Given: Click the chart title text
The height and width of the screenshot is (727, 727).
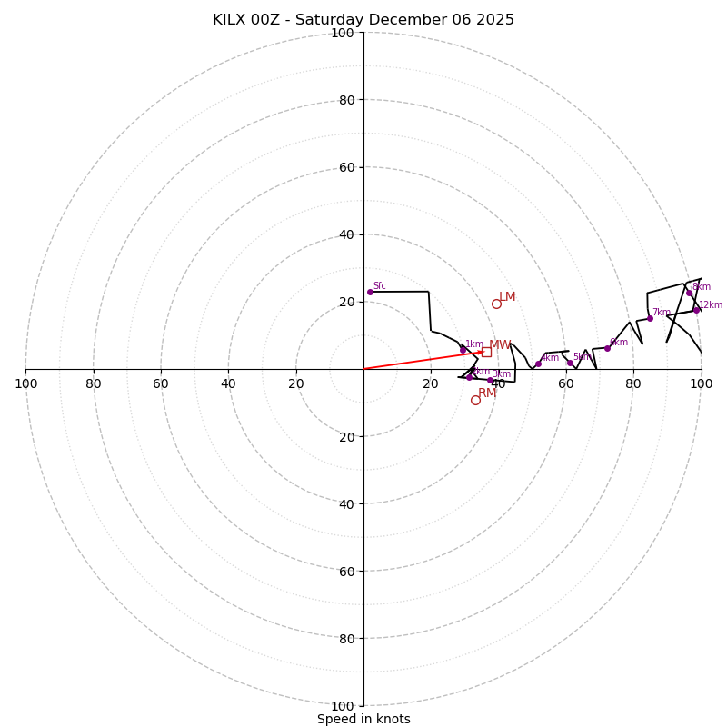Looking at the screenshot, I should pyautogui.click(x=363, y=20).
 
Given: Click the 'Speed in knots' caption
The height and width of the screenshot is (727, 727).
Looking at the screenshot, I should pyautogui.click(x=363, y=719).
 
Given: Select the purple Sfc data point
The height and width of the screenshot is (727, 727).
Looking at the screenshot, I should pyautogui.click(x=370, y=292).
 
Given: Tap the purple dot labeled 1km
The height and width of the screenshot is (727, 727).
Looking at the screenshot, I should pyautogui.click(x=463, y=349).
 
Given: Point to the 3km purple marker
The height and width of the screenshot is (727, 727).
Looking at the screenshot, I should pyautogui.click(x=490, y=380).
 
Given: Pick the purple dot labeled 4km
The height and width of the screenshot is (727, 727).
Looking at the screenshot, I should pyautogui.click(x=538, y=363).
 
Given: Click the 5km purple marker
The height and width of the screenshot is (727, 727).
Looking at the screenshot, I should pyautogui.click(x=570, y=363).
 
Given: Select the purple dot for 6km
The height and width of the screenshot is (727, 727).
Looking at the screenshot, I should pyautogui.click(x=607, y=348).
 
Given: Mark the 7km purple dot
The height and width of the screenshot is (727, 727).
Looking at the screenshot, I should pyautogui.click(x=650, y=318).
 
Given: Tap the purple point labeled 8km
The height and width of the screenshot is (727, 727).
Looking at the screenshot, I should pyautogui.click(x=689, y=293).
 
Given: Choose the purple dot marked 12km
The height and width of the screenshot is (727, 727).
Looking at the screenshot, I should pyautogui.click(x=697, y=310).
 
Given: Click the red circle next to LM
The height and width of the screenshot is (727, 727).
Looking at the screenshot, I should pyautogui.click(x=496, y=304).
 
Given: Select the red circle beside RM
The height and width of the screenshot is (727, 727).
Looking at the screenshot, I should pyautogui.click(x=475, y=400).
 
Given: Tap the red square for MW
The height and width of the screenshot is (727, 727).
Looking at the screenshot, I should pyautogui.click(x=486, y=352).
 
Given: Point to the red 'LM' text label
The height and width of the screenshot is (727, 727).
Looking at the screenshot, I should pyautogui.click(x=507, y=296).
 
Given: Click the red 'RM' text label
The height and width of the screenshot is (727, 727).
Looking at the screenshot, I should pyautogui.click(x=487, y=393).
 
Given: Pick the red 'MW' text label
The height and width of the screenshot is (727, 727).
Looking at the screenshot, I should pyautogui.click(x=500, y=344).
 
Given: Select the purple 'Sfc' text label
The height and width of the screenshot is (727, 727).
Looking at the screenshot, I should pyautogui.click(x=380, y=285).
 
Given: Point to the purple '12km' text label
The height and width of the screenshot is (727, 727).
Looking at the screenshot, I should pyautogui.click(x=711, y=305).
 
